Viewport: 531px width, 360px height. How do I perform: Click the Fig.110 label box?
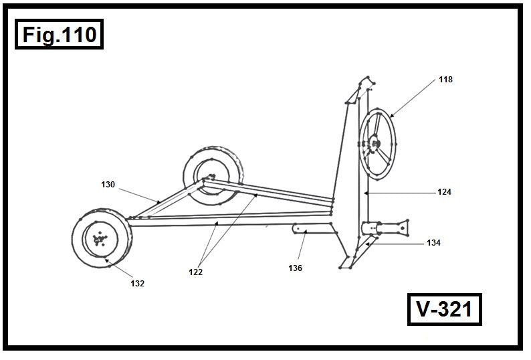[60, 35]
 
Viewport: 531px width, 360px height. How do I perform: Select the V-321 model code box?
[444, 310]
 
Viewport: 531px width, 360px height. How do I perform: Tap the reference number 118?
[445, 80]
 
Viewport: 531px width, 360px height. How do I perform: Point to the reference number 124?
[444, 192]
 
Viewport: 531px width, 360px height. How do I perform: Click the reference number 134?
[433, 243]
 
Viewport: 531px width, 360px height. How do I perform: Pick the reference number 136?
[295, 268]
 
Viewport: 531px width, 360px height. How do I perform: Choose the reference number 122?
[195, 272]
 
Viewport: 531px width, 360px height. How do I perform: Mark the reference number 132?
[137, 283]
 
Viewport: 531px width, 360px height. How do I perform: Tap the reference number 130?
[108, 183]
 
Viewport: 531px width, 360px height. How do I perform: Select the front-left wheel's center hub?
[100, 239]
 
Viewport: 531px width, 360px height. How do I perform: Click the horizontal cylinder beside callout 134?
[385, 228]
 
